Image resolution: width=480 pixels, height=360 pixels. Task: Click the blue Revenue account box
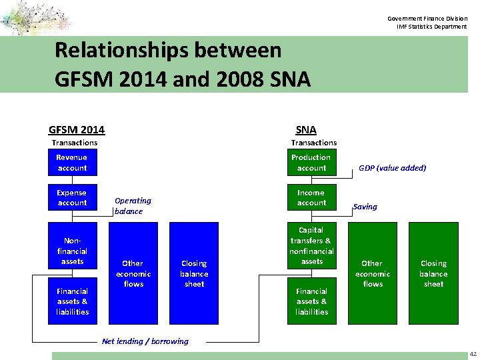(x=72, y=163)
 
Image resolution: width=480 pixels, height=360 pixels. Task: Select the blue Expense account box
(x=72, y=197)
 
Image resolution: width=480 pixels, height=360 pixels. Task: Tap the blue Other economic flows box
(x=133, y=273)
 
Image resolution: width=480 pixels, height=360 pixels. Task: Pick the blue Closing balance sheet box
(x=194, y=273)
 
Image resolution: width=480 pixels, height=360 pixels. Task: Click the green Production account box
(x=311, y=163)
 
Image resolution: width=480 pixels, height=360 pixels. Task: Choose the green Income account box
(x=311, y=197)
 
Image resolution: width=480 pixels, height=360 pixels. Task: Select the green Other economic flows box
(x=372, y=273)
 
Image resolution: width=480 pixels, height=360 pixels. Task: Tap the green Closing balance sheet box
(x=433, y=273)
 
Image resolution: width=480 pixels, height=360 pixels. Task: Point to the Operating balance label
(x=133, y=205)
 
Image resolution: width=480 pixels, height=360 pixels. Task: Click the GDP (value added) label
(x=392, y=168)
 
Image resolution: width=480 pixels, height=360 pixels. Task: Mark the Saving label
(x=365, y=207)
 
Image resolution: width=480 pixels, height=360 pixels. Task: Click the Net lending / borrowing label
(x=145, y=341)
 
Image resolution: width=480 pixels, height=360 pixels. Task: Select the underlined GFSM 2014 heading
(x=77, y=129)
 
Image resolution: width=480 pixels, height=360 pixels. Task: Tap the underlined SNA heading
(x=306, y=129)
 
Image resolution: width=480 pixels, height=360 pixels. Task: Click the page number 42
(x=473, y=353)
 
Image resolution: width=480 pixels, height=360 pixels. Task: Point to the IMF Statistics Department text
(x=431, y=27)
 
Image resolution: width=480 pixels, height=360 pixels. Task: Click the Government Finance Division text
(x=427, y=19)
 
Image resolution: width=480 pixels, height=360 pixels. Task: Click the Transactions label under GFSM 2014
(x=75, y=143)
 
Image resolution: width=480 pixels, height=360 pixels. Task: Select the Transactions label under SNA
(x=314, y=143)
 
